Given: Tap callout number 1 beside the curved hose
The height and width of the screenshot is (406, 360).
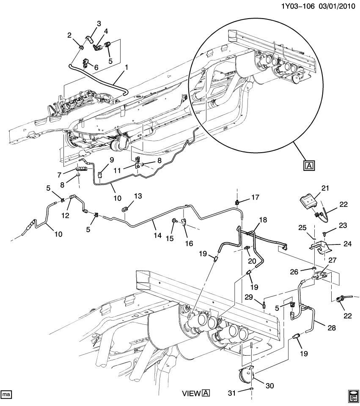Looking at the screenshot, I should [x=126, y=67].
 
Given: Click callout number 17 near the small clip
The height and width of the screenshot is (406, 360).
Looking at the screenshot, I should [x=256, y=197].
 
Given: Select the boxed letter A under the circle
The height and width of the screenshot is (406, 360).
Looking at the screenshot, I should [x=309, y=165].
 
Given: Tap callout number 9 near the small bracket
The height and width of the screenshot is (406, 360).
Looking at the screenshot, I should [x=112, y=159].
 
